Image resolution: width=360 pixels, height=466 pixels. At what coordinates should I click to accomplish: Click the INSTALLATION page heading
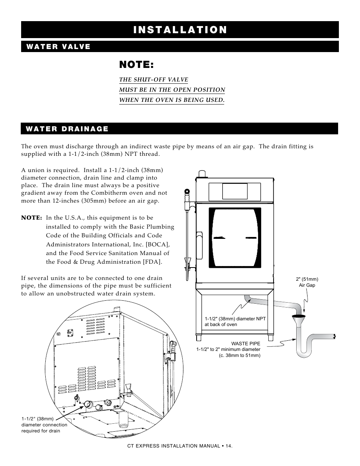(x=180, y=30)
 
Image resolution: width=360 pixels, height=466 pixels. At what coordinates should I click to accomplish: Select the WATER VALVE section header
(x=58, y=47)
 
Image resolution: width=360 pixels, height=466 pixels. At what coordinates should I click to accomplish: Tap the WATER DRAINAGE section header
(x=67, y=129)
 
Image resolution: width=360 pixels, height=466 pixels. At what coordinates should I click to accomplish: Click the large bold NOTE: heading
(x=136, y=65)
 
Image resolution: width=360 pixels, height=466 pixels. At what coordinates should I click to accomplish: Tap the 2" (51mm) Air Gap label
(x=307, y=282)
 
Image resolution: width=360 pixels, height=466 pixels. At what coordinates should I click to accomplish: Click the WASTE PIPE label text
(x=246, y=344)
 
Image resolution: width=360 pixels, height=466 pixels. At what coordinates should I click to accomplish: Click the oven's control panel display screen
(x=235, y=191)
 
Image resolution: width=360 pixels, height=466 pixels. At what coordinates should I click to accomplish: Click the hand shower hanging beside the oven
(x=186, y=234)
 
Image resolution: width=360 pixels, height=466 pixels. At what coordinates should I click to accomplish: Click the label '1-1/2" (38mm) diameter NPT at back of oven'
(x=235, y=321)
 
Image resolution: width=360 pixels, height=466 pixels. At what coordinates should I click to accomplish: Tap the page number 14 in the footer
(x=228, y=446)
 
